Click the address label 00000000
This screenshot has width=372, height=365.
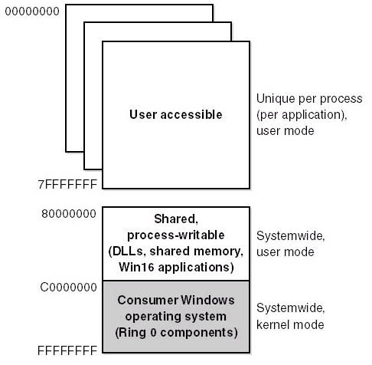pos(32,12)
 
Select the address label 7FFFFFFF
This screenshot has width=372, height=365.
pos(67,184)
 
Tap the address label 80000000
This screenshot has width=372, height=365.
pos(69,214)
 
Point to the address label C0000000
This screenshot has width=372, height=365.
pos(68,288)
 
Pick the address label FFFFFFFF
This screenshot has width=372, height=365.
pos(67,350)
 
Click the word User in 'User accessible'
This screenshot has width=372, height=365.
pos(143,114)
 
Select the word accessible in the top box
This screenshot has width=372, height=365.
pos(191,114)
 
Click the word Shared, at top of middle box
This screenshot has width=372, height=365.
pos(176,219)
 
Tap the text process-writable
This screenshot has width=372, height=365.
pos(176,235)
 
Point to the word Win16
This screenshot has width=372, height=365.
pos(136,268)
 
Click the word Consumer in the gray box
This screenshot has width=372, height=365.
pos(148,300)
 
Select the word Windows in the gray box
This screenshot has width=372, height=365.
pos(207,300)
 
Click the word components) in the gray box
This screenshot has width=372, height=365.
pos(199,333)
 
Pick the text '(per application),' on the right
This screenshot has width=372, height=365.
pos(302,115)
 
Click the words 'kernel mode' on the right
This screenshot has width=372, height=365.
pos(290,324)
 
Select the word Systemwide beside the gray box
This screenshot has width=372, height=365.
pos(291,308)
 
